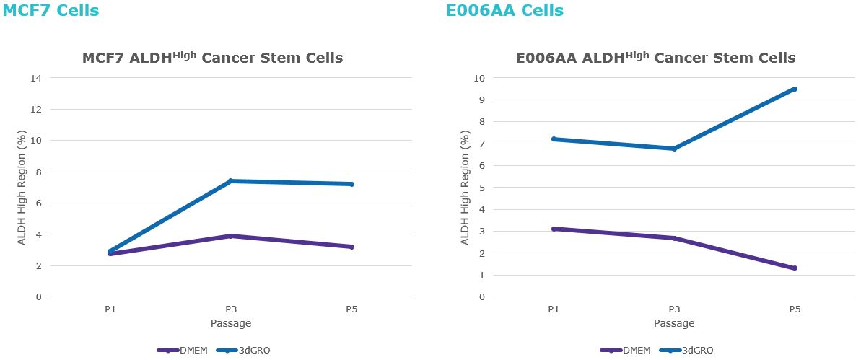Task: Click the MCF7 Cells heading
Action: [51, 11]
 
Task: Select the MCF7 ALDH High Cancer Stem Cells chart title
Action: [212, 58]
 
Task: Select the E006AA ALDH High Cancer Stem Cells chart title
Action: [655, 58]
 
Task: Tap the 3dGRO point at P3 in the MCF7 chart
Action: [231, 181]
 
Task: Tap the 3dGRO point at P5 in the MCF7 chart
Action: [351, 184]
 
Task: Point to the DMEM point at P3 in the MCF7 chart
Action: [231, 236]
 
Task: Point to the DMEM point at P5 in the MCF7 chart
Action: [351, 247]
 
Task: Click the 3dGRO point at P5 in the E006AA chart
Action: [795, 89]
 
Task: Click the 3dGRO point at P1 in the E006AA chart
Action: [554, 139]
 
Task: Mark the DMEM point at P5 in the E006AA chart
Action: [795, 268]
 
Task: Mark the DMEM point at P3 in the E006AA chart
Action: [674, 238]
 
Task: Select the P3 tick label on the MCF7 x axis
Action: [231, 309]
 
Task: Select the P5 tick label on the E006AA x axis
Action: [795, 309]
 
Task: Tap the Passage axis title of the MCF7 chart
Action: [231, 323]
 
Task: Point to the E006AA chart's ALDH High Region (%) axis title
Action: [465, 188]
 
